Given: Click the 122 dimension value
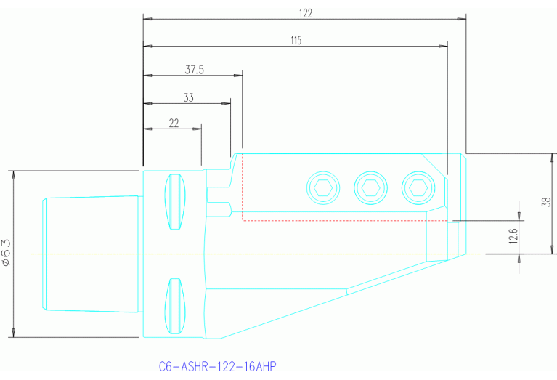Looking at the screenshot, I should [x=305, y=13].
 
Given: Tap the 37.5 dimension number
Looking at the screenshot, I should [x=194, y=70].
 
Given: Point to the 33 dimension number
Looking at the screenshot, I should [x=188, y=97].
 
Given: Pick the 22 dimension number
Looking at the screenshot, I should [x=174, y=124].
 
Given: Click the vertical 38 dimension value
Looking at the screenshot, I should [x=546, y=203].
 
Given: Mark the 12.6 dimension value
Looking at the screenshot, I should [x=513, y=236].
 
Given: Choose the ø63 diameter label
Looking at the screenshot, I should [x=6, y=254].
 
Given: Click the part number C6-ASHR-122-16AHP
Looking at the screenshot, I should [x=218, y=365].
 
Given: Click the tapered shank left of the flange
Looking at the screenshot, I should [x=91, y=254].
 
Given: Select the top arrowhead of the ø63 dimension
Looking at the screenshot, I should [x=13, y=174].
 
